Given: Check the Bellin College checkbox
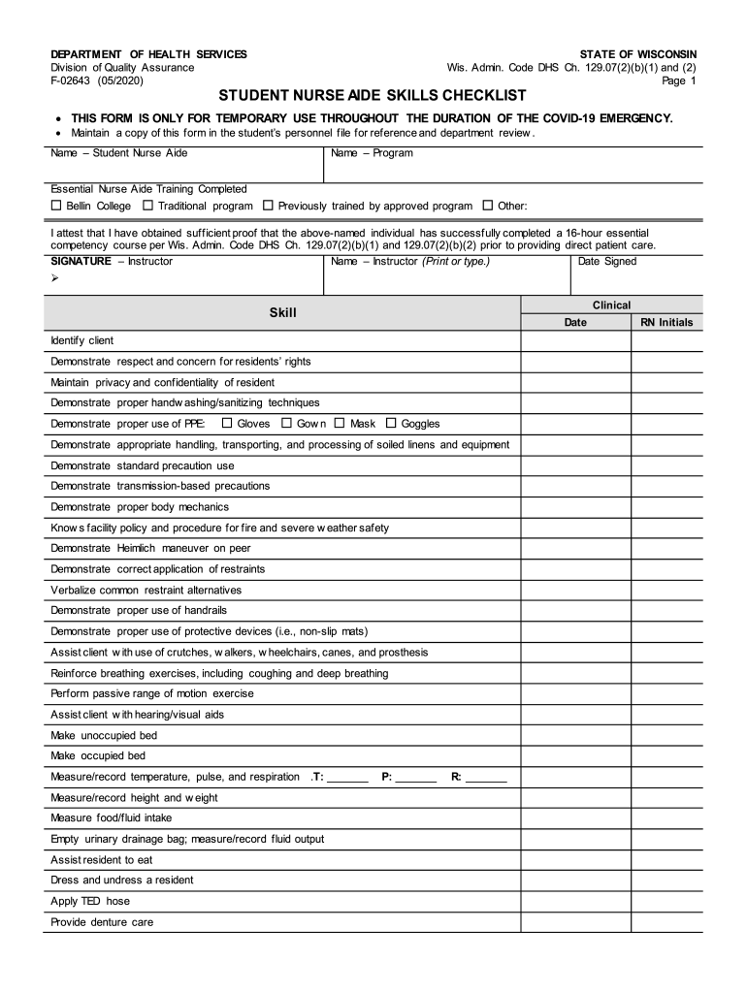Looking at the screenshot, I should [x=56, y=207].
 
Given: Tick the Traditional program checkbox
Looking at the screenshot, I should [x=147, y=207].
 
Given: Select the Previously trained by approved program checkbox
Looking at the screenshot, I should [x=268, y=207].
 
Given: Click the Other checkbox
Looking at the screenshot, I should [x=487, y=207].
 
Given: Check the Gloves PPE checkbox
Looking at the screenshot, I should [x=227, y=423].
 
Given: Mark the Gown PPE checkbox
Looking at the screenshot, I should [x=287, y=423].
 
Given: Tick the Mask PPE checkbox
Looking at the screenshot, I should [x=340, y=423].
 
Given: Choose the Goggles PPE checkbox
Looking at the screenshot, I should [x=391, y=423].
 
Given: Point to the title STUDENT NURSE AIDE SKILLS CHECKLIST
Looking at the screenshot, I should [x=373, y=96].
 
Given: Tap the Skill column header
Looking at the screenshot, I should [x=282, y=313].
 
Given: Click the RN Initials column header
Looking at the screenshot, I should [x=666, y=322].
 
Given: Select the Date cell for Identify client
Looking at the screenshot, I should [x=576, y=340].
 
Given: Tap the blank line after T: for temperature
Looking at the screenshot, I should [x=347, y=778].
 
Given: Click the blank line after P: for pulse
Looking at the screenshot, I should [x=416, y=778].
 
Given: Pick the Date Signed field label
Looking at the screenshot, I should [x=607, y=262].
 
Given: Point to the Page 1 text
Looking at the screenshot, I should [x=678, y=81].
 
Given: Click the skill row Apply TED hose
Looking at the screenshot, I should [x=90, y=901].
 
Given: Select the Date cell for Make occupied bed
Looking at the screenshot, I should [x=576, y=755].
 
